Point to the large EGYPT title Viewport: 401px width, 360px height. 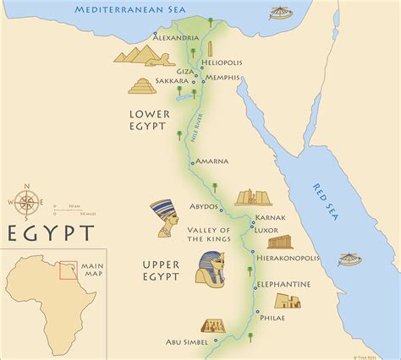(52, 232)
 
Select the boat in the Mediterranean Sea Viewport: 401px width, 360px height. (277, 14)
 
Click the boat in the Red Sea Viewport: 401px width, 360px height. (349, 259)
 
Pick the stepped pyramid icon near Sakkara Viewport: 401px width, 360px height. (142, 85)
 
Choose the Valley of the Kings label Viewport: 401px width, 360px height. (213, 235)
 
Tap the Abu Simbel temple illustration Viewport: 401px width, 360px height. (212, 326)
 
